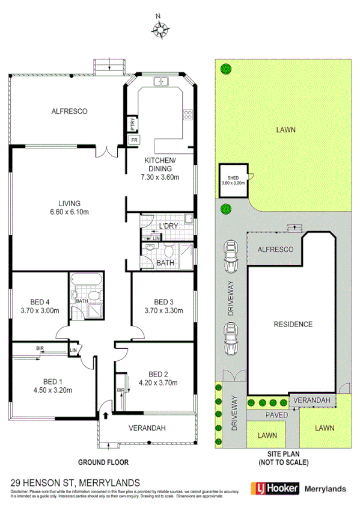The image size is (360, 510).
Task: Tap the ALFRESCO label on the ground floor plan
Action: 70,111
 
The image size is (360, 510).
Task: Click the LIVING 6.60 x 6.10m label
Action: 70,207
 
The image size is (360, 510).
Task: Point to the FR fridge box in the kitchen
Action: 133,141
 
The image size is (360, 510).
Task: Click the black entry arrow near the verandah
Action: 106,415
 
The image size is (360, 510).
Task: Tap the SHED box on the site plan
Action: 233,179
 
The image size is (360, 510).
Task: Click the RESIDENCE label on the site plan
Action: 293,324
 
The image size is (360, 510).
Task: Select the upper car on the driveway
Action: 230,255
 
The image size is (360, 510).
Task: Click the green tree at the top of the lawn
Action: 225,68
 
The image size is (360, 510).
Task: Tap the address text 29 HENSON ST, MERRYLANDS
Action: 75,482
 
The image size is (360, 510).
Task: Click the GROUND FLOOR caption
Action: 103,462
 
